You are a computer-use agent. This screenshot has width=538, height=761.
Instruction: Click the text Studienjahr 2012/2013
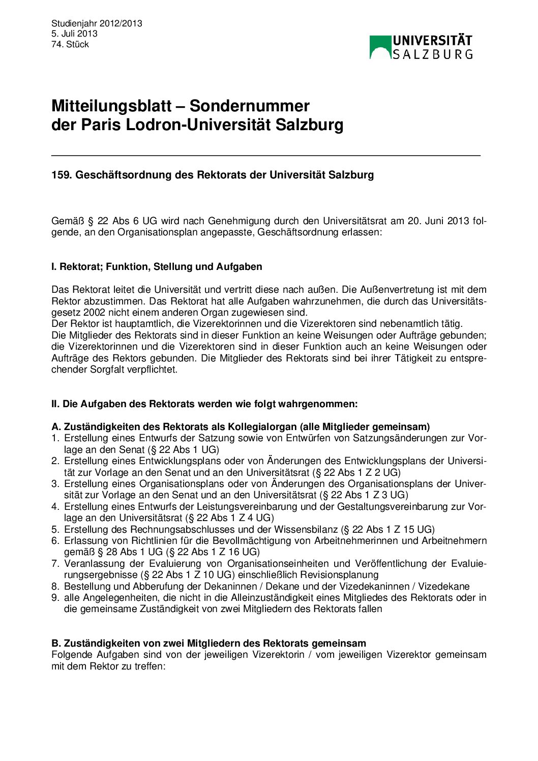(x=97, y=23)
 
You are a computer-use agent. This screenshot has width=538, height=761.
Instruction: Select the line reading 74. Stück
(x=70, y=45)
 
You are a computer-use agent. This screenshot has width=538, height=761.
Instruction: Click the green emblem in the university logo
(x=380, y=47)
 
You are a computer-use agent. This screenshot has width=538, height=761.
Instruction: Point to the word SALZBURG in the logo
(x=432, y=54)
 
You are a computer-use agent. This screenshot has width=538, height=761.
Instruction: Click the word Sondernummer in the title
(x=249, y=106)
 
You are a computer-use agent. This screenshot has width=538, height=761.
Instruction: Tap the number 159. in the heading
(x=61, y=175)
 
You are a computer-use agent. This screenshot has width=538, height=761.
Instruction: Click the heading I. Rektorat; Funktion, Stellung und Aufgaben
(x=157, y=267)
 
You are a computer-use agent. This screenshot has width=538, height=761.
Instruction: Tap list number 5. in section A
(x=55, y=530)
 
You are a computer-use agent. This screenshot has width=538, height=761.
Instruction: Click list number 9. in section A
(x=55, y=598)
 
